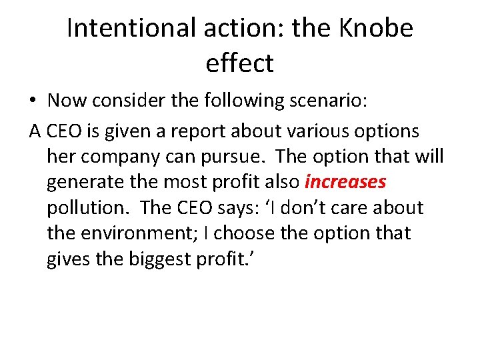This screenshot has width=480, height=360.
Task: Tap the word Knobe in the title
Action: [377, 28]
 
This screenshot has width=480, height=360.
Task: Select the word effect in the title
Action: [239, 63]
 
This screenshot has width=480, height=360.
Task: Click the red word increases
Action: [345, 181]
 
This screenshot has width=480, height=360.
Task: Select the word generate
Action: [88, 182]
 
